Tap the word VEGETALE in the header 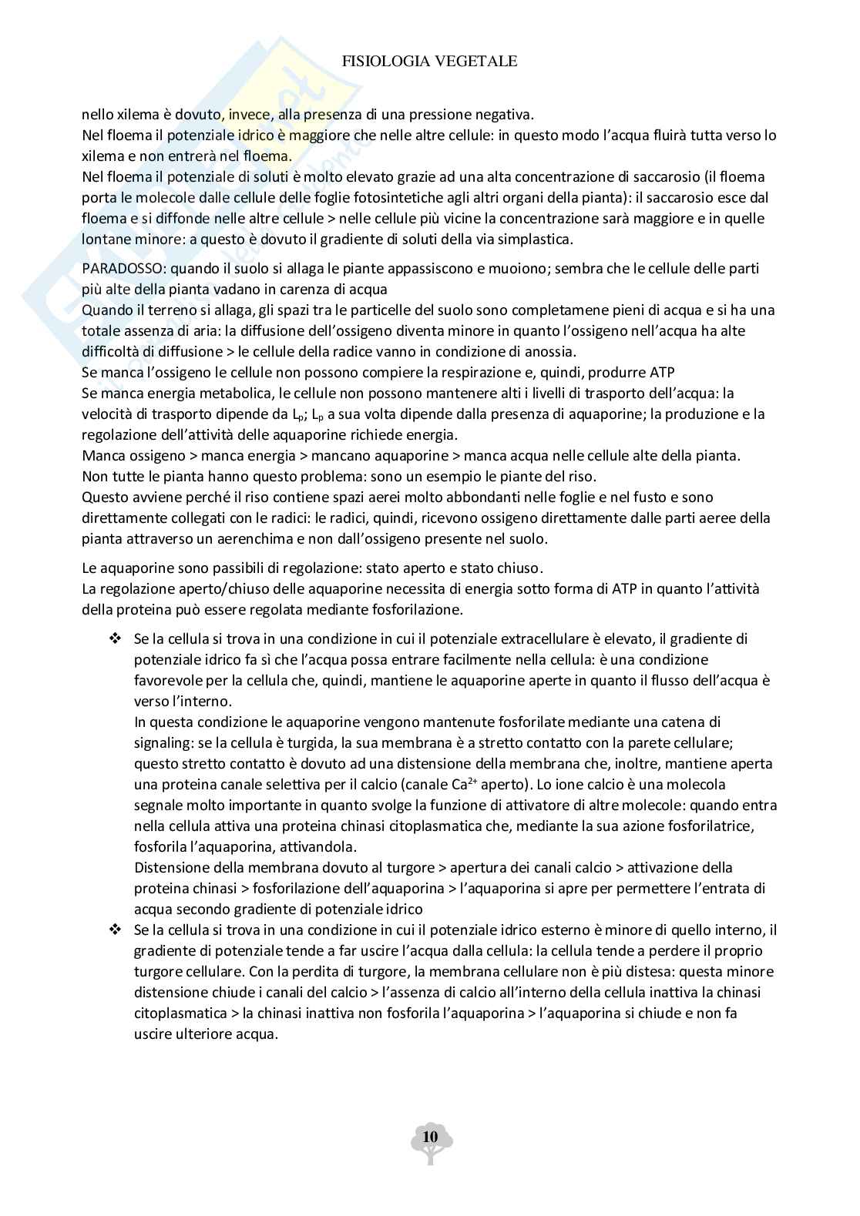(475, 62)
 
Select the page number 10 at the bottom (430, 1137)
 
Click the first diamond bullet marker (116, 638)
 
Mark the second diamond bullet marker (116, 930)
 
